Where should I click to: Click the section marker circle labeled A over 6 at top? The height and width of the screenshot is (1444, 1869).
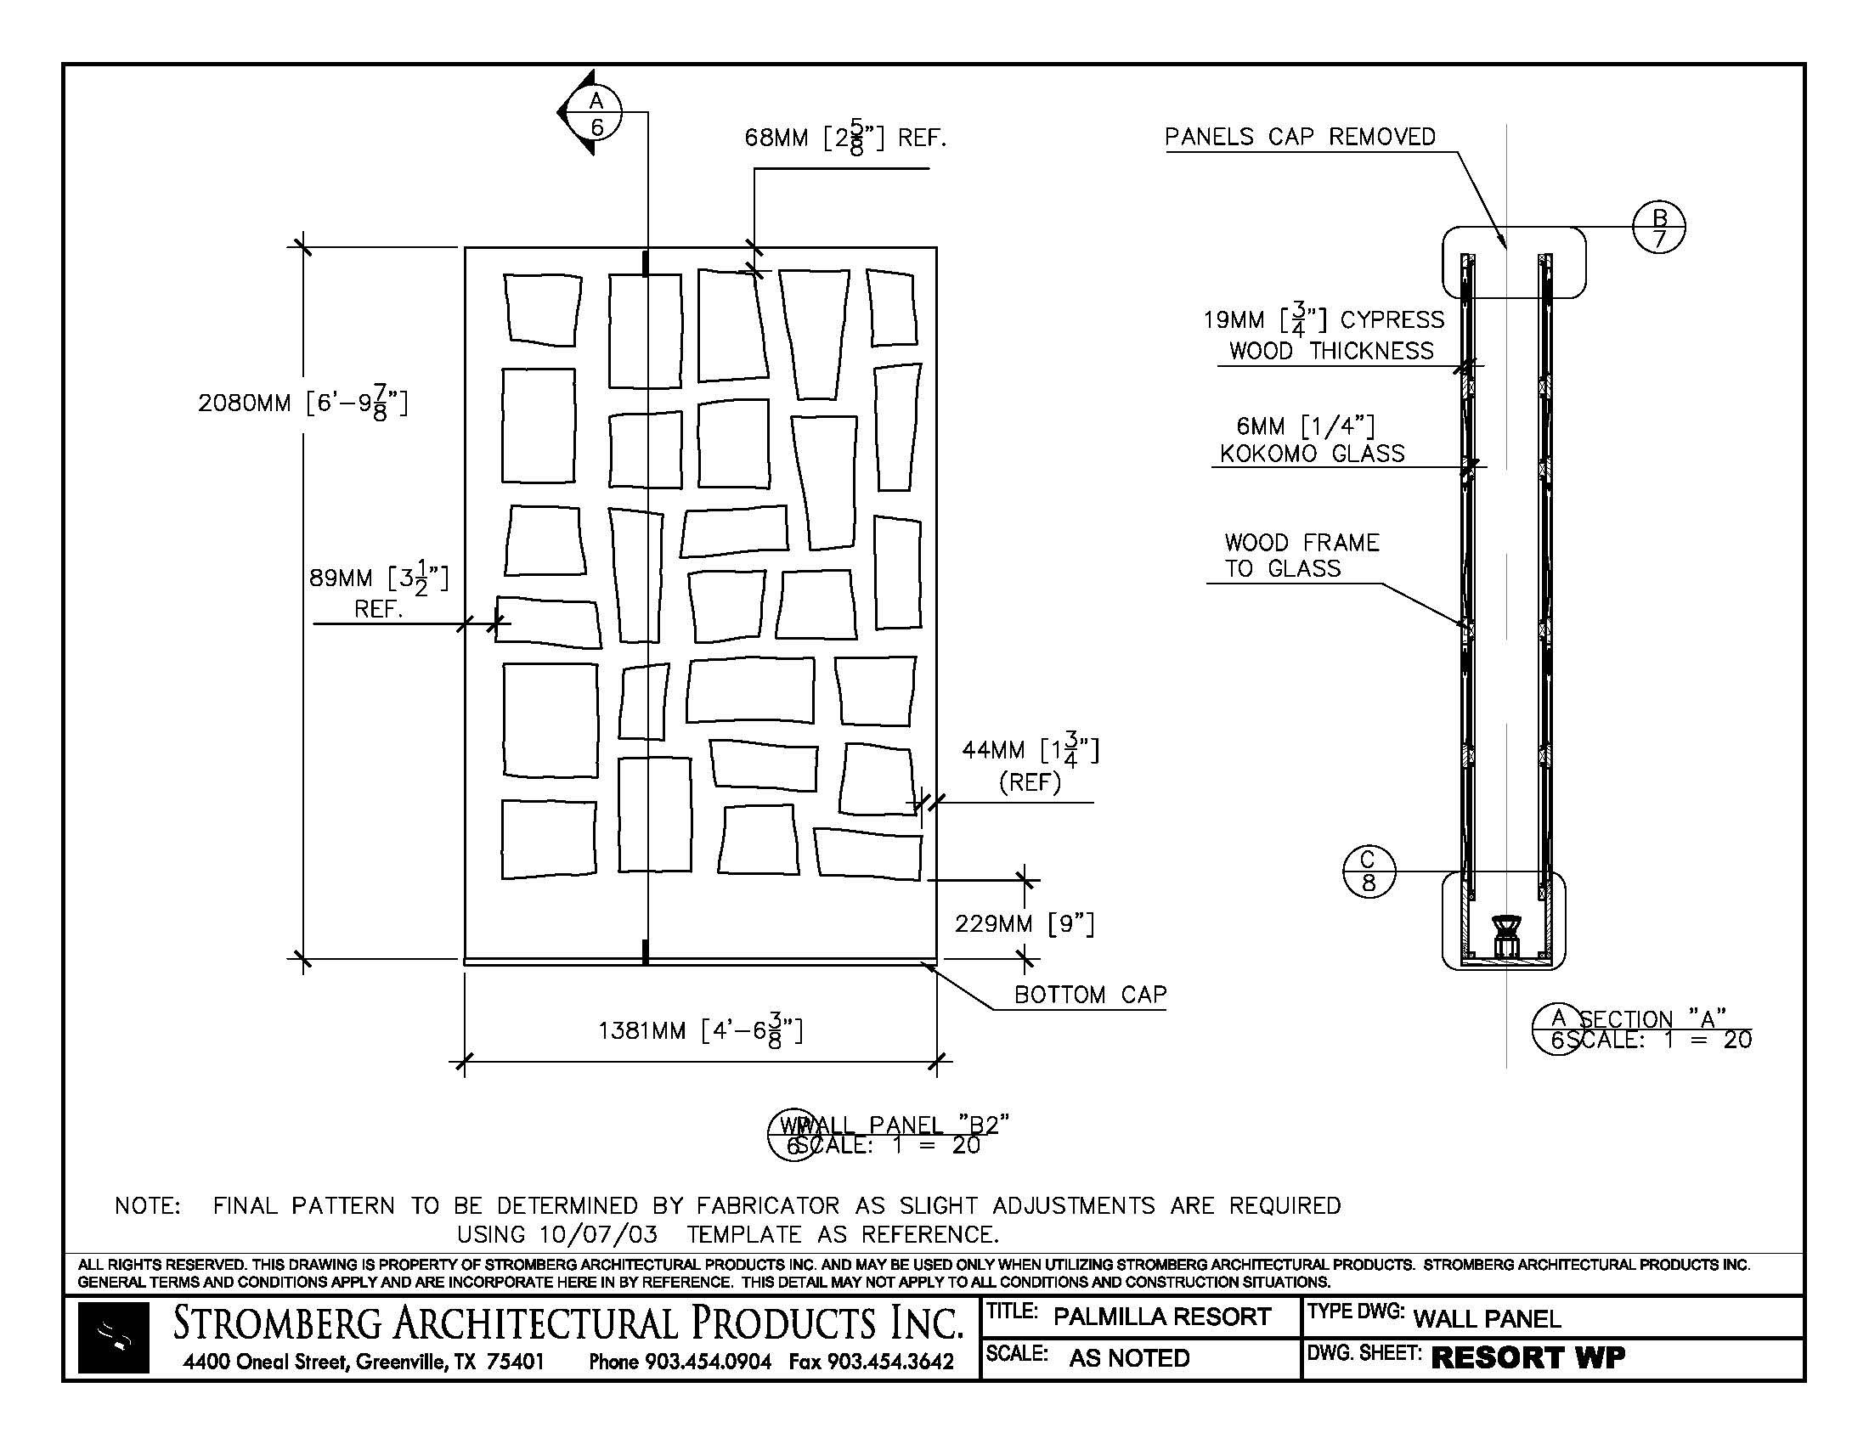(596, 113)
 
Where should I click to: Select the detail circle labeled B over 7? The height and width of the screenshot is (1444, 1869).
(1659, 228)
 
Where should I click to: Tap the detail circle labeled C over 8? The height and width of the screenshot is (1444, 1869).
(1369, 871)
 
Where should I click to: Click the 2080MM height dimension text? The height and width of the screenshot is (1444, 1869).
(302, 403)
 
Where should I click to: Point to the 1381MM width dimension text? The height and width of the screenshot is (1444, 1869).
(700, 1031)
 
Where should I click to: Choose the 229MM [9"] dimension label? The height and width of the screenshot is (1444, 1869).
(1025, 924)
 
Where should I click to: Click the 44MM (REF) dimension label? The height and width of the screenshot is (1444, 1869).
(1030, 764)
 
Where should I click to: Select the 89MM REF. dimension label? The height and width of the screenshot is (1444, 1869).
(378, 592)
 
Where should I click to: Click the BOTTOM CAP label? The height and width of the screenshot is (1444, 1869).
(1090, 995)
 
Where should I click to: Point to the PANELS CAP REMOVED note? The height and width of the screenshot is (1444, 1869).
(1299, 137)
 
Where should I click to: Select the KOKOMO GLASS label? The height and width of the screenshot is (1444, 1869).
(1311, 454)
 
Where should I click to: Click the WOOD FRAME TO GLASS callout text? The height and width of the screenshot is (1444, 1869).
(1301, 556)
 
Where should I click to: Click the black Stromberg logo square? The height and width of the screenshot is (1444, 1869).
(114, 1337)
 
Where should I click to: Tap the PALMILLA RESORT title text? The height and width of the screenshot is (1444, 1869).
(1161, 1317)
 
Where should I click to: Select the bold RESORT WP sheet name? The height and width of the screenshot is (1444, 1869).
(1527, 1357)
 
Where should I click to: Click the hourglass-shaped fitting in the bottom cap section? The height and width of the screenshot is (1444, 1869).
(1505, 934)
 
